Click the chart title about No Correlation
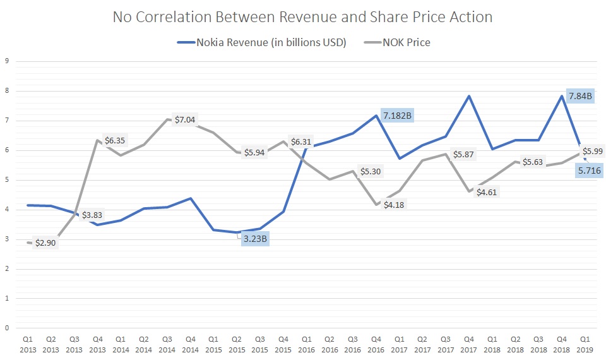[x=302, y=17]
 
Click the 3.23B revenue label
[x=256, y=239]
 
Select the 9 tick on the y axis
[x=6, y=61]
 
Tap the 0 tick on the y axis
[x=6, y=328]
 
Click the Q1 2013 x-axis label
[x=27, y=344]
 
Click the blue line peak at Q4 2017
[x=468, y=96]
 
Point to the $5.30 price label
[x=370, y=171]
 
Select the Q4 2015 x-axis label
[x=283, y=344]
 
